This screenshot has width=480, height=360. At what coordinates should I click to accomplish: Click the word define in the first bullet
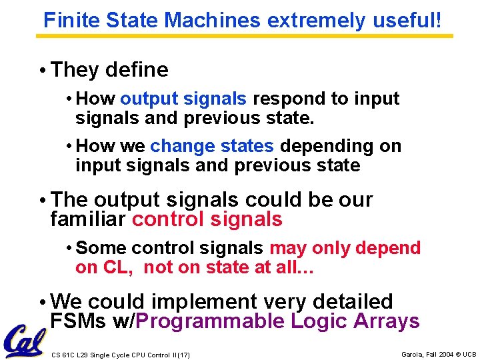[137, 69]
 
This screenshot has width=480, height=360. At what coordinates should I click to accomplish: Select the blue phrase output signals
[183, 99]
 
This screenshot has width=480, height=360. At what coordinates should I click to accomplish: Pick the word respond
[289, 99]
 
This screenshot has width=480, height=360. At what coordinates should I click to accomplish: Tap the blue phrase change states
[212, 146]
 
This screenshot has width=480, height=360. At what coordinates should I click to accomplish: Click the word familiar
[89, 219]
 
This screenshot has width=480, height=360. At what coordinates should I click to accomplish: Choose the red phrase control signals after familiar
[207, 219]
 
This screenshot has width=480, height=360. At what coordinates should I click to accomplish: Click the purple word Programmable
[211, 321]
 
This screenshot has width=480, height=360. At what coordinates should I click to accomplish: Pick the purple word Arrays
[386, 321]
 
